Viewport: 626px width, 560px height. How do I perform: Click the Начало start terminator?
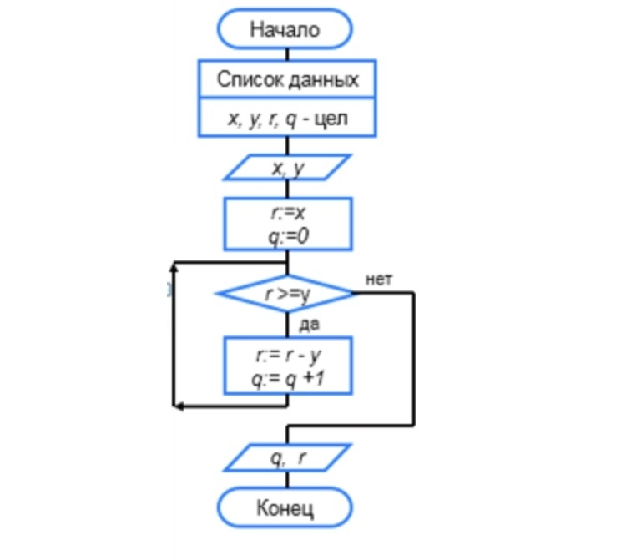click(x=285, y=29)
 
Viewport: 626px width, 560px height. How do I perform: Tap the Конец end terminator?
click(x=285, y=507)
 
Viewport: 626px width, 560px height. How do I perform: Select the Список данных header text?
click(x=288, y=80)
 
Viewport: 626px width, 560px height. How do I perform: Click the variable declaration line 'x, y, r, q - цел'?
click(x=288, y=119)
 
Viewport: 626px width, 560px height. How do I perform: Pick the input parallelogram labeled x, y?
click(x=288, y=169)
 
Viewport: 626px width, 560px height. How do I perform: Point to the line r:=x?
click(x=287, y=214)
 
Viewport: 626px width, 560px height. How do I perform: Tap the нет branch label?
click(x=378, y=279)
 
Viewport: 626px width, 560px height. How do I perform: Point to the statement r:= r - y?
click(x=288, y=356)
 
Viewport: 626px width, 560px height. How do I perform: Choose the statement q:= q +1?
click(x=288, y=378)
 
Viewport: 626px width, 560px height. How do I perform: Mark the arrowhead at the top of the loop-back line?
click(x=174, y=267)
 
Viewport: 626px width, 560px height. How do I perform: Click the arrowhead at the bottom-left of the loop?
click(x=178, y=406)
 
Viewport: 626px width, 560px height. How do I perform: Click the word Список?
click(x=248, y=80)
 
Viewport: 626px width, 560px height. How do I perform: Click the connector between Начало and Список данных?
click(x=287, y=53)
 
